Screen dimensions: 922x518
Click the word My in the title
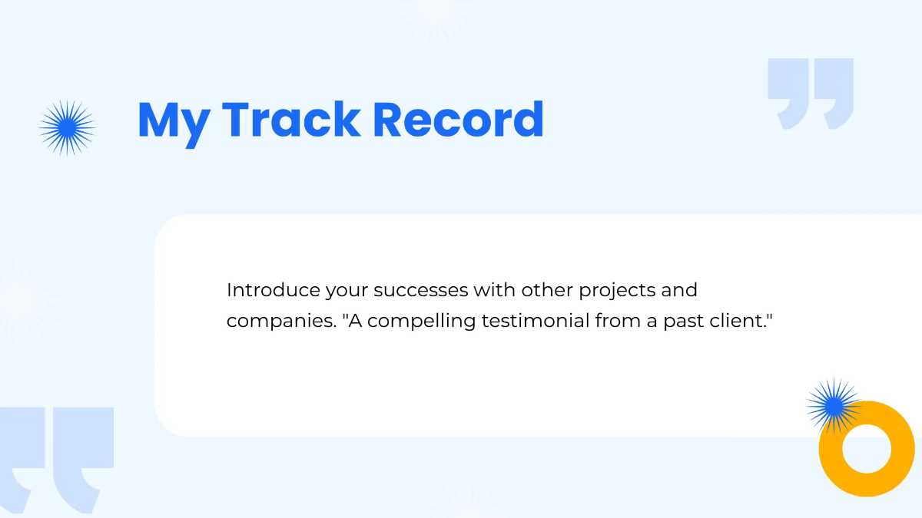pos(174,124)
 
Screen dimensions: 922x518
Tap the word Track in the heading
pos(291,118)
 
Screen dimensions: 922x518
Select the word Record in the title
pos(458,118)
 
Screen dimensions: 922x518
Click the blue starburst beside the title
pos(67,128)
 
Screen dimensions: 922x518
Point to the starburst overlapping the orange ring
pos(834,406)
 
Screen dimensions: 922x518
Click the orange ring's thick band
pos(831,449)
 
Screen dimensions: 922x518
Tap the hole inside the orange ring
pos(867,449)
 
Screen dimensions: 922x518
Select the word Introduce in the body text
pos(274,290)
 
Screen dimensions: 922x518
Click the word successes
pos(421,291)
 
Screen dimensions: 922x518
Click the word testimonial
pos(536,321)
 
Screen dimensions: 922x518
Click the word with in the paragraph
pos(494,290)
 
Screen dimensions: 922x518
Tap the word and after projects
pos(679,290)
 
